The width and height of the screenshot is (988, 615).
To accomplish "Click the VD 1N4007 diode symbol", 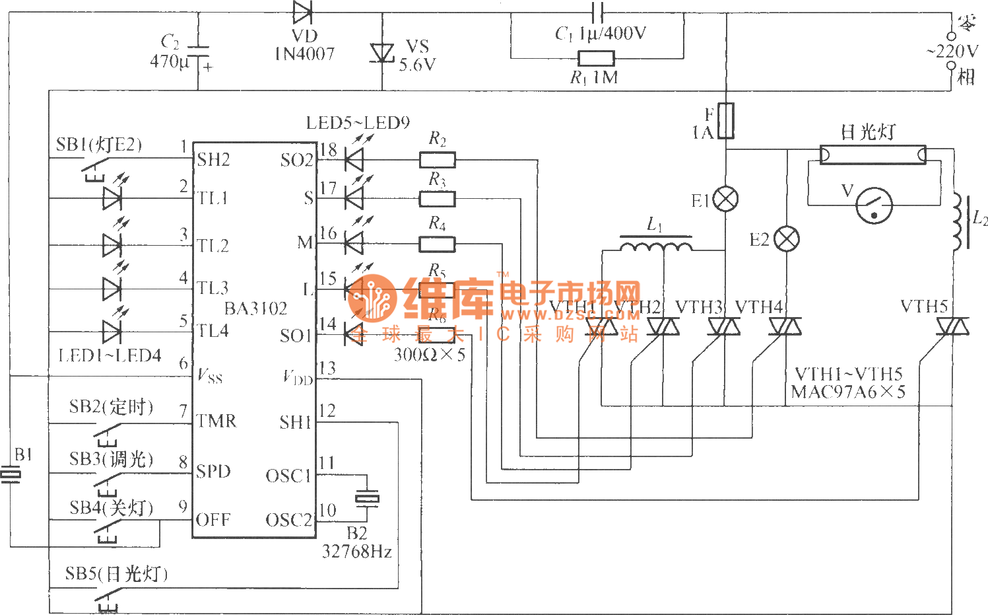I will point(302,11).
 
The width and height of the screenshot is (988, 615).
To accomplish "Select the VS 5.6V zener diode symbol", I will point(382,53).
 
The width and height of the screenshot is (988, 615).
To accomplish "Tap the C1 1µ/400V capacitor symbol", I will point(598,11).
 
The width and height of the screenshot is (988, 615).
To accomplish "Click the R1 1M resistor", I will point(596,58).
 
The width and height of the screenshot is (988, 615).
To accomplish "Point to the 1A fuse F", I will point(726,120).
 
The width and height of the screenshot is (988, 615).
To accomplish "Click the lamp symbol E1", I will point(726,199).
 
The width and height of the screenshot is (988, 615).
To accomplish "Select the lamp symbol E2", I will point(786,238).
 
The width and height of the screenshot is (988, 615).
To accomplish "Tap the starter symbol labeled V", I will point(874,205).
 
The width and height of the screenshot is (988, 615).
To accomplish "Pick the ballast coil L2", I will point(958,222).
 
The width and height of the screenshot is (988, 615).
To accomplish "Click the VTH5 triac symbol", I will point(952,326).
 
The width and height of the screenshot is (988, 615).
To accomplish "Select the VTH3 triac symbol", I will point(725,326).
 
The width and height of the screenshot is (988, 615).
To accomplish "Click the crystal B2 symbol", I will point(367,497).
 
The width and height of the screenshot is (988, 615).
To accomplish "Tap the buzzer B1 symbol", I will point(11,474).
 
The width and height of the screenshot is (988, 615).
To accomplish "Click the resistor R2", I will point(437,159).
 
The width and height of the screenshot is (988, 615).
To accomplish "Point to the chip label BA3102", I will point(256,308).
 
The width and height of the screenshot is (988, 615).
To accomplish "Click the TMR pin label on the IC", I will point(216,421).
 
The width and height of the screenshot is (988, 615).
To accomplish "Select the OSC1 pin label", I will point(288,476).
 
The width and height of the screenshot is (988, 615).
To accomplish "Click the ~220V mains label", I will point(953,52).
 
